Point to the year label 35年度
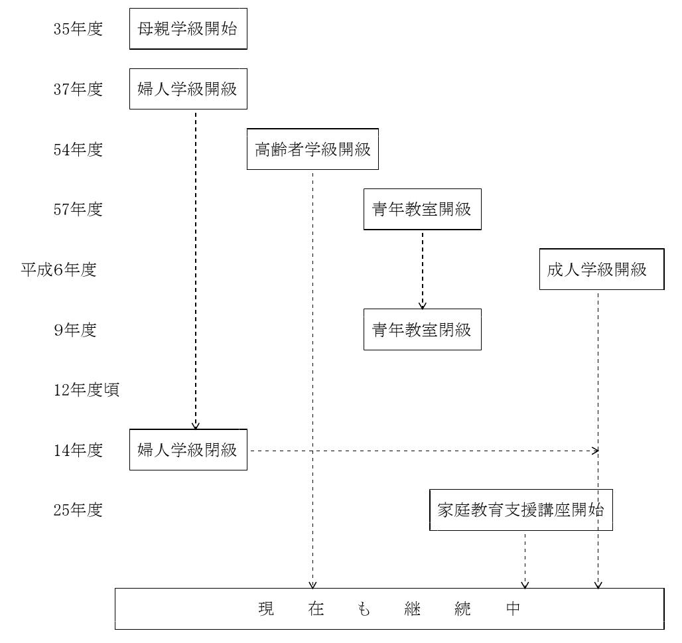coord(78,29)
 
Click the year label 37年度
coord(78,89)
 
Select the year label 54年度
coord(78,149)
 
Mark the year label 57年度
coord(78,209)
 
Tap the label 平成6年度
coord(59,269)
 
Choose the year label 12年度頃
coord(86,390)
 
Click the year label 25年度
coord(78,510)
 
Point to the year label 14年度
coord(78,450)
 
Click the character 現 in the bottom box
coord(266,608)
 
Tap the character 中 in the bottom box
coord(513,608)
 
